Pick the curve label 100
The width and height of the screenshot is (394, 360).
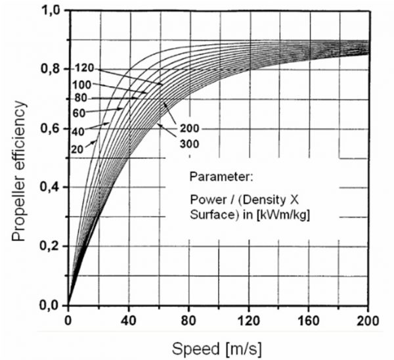(x=83, y=84)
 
